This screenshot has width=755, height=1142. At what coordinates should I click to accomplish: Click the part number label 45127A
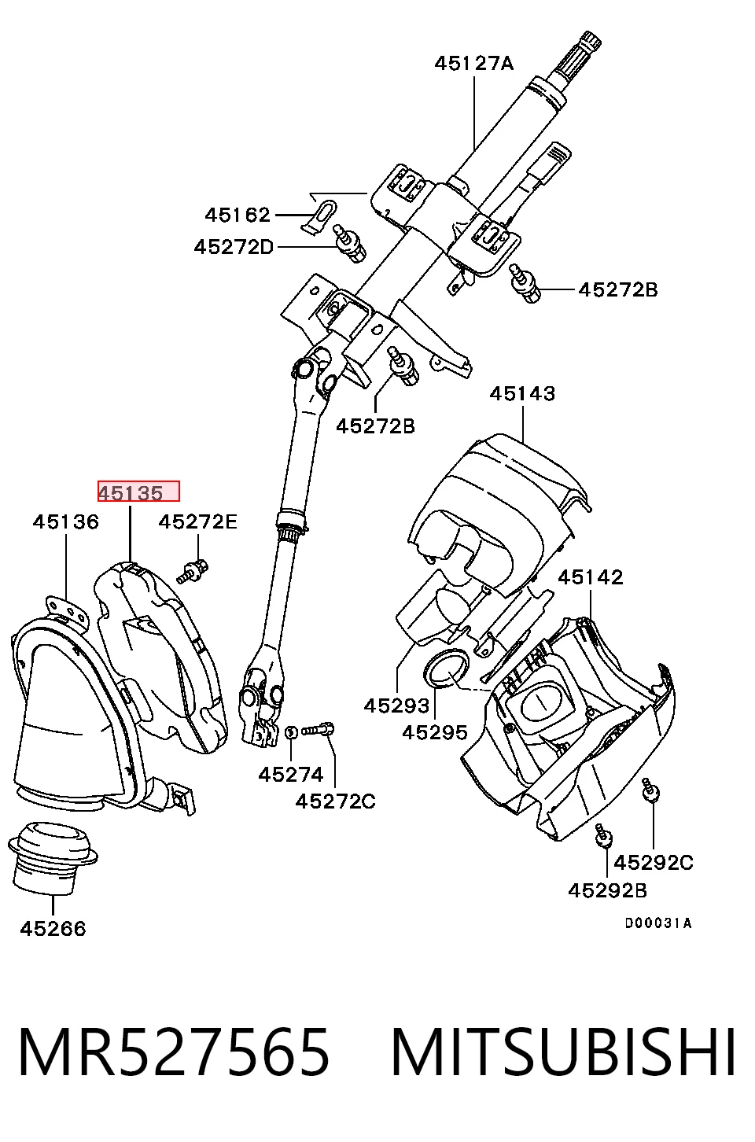tap(474, 63)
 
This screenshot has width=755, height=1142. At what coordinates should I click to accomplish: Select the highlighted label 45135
tap(131, 493)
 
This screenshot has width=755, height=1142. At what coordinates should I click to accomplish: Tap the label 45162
tap(237, 215)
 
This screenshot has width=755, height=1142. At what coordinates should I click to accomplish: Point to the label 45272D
tap(234, 247)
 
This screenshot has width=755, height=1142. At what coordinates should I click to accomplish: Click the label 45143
tap(522, 393)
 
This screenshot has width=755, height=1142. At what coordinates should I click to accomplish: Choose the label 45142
tap(591, 577)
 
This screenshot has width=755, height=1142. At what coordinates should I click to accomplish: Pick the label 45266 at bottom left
tap(53, 928)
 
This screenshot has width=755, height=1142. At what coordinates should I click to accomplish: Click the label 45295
tap(435, 732)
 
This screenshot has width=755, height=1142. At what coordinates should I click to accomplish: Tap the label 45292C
tap(654, 863)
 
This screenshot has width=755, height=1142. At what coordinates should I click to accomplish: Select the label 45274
tap(291, 775)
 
